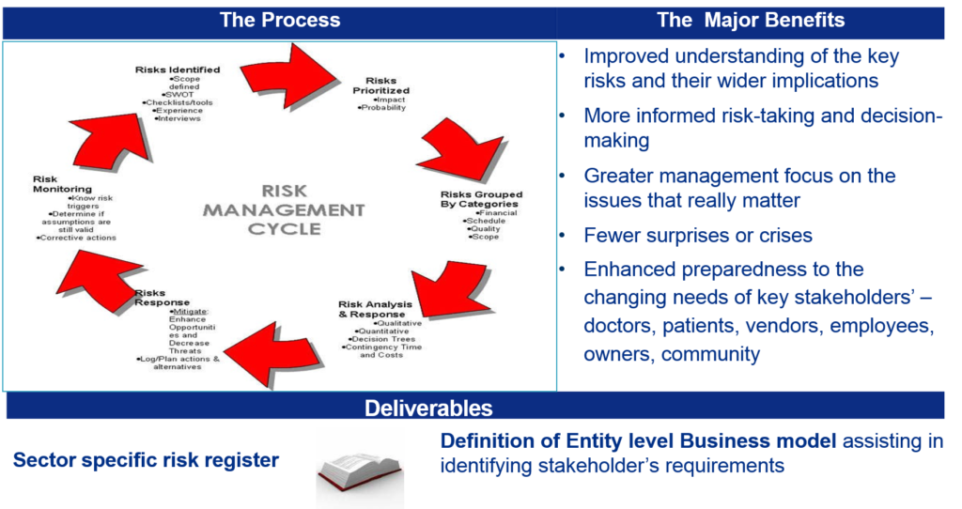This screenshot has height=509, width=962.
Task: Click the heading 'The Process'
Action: (280, 20)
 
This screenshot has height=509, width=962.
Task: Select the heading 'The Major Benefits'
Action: (751, 20)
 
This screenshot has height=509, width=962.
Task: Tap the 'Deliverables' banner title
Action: (428, 409)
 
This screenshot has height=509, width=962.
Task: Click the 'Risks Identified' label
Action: (178, 69)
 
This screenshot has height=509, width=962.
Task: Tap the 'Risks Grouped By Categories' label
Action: (481, 200)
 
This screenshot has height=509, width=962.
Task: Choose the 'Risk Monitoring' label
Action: (58, 184)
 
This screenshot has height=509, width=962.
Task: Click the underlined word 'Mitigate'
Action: (190, 312)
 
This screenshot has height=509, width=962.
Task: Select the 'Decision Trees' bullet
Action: (379, 338)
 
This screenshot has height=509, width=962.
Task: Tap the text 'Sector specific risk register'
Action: (146, 460)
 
